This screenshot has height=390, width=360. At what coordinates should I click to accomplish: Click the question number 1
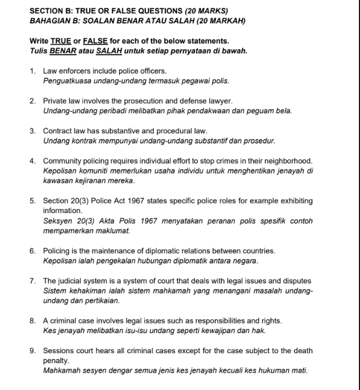click(x=33, y=71)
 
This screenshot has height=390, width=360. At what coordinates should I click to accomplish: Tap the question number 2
click(x=33, y=102)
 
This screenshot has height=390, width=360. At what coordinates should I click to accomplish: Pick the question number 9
click(x=33, y=351)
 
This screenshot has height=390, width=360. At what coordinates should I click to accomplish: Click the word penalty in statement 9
click(x=56, y=360)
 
